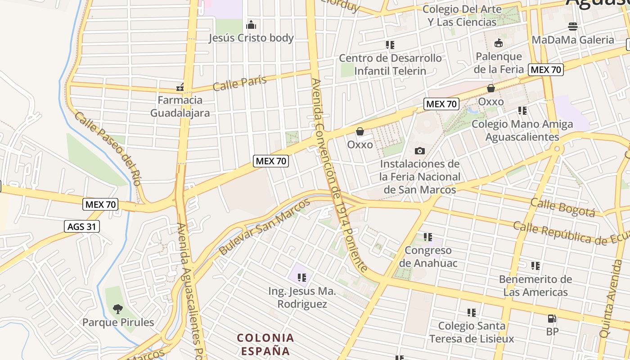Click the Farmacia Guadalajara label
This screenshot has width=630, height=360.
[180, 106]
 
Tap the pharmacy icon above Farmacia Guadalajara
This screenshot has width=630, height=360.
[180, 87]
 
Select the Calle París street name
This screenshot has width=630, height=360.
[239, 83]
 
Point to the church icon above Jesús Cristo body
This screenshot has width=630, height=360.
[251, 25]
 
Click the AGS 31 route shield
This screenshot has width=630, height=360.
[81, 226]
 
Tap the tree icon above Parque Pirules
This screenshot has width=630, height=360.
[118, 309]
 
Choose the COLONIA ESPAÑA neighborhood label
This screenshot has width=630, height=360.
[265, 344]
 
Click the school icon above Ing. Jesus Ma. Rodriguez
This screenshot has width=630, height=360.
[301, 278]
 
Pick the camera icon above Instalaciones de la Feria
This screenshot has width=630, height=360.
[420, 151]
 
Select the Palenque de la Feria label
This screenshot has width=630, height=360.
[499, 63]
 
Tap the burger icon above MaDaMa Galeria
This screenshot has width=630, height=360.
[573, 26]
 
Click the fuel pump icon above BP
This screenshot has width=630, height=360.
[552, 319]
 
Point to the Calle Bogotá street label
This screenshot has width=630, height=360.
[562, 207]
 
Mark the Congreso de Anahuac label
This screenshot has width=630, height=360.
[428, 256]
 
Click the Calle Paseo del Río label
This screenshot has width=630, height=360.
[108, 148]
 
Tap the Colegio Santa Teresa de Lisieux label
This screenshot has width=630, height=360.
[471, 332]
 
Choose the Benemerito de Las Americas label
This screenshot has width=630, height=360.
[535, 286]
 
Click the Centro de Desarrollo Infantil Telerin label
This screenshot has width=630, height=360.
[390, 64]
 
